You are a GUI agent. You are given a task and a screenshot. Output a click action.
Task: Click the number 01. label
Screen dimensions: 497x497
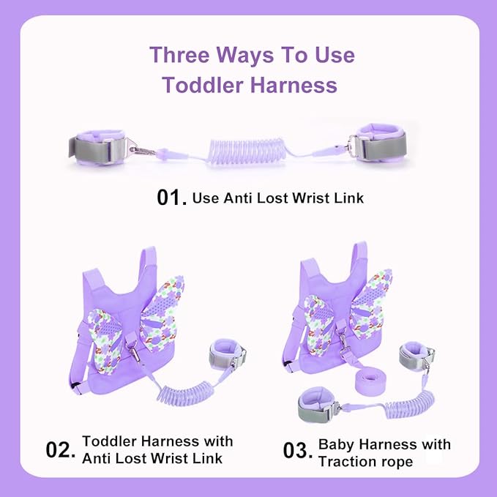click(172, 198)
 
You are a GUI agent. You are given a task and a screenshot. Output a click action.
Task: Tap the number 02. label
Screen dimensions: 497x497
click(61, 449)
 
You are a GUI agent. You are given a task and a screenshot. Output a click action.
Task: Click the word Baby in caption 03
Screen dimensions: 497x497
click(336, 445)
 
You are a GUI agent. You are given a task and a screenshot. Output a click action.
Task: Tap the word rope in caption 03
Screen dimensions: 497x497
click(398, 462)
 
